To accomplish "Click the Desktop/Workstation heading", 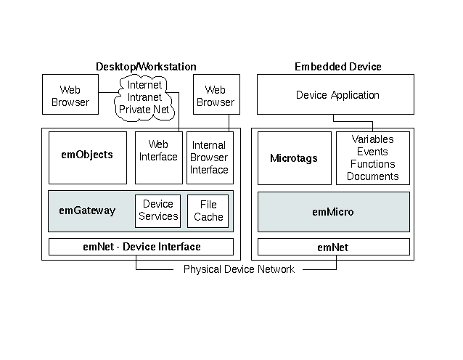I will (146, 67).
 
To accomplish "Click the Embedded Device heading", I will (337, 67).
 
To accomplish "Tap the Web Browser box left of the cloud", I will (70, 96).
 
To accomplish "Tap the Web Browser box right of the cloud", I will (215, 96).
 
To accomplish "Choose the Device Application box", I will (337, 95).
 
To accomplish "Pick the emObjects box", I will (88, 155).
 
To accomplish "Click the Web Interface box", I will (157, 151).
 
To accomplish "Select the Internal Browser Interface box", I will (209, 157).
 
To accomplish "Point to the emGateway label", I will (87, 210).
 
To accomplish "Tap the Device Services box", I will (157, 210).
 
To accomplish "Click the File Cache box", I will (208, 210).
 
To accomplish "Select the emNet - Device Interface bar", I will (142, 247).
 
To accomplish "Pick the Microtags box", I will (293, 158).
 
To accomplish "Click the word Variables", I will (372, 139).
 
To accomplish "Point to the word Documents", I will (372, 176).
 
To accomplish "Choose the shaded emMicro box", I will (333, 212).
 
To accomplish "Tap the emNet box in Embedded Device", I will (333, 247).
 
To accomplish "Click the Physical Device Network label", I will (239, 269).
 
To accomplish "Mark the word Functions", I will (372, 164).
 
